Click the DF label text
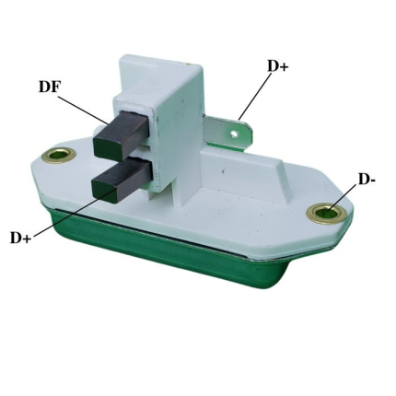click(49, 87)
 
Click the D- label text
click(367, 180)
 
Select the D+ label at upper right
click(278, 65)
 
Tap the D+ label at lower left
click(21, 238)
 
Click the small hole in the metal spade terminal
click(234, 134)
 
